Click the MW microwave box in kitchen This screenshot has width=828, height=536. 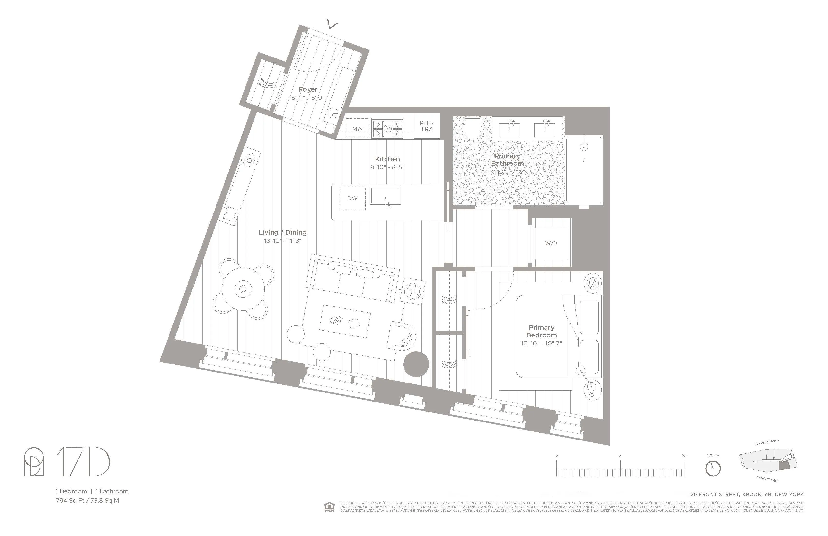point(357,128)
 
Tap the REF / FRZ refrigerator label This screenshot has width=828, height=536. point(426,126)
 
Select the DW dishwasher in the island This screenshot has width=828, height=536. point(352,198)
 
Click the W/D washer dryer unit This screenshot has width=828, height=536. point(551,243)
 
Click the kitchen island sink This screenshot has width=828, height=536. point(385,196)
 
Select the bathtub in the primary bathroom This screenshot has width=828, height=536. point(584,171)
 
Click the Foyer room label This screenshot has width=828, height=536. point(308,89)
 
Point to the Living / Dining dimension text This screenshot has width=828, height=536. point(282,241)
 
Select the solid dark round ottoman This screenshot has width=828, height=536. point(416,364)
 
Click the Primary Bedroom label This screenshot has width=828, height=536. point(541,331)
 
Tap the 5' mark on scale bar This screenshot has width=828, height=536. point(620,456)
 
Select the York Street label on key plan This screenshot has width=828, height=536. point(768,479)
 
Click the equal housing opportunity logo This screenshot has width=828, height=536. point(329,507)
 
